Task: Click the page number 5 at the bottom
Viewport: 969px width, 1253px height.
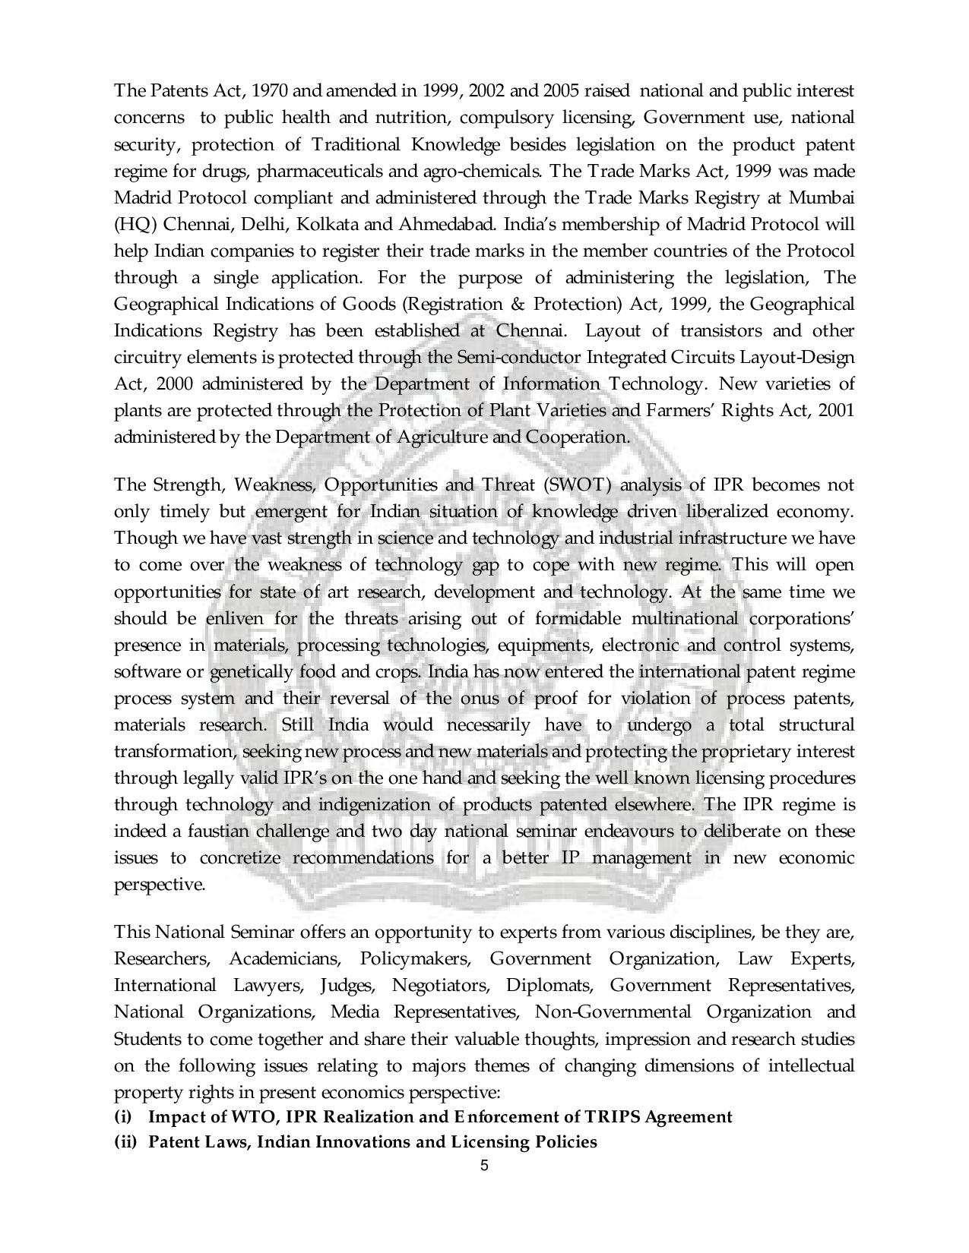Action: point(484,1166)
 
